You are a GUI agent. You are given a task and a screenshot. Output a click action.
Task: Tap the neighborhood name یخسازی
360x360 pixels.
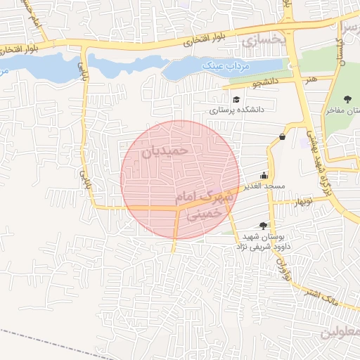pos(264,41)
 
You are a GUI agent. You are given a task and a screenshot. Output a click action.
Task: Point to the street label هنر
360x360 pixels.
pos(311,79)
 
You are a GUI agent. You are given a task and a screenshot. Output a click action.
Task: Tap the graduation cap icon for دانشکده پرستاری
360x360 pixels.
pos(237,99)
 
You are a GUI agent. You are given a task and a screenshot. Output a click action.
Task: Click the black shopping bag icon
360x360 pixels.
pos(283,136)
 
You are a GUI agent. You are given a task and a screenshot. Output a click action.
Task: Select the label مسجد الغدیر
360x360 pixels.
pos(264,186)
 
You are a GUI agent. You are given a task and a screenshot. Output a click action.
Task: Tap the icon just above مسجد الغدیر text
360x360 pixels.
pos(264,175)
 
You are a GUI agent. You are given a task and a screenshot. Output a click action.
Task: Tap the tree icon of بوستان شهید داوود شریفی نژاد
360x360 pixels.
pos(263,226)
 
